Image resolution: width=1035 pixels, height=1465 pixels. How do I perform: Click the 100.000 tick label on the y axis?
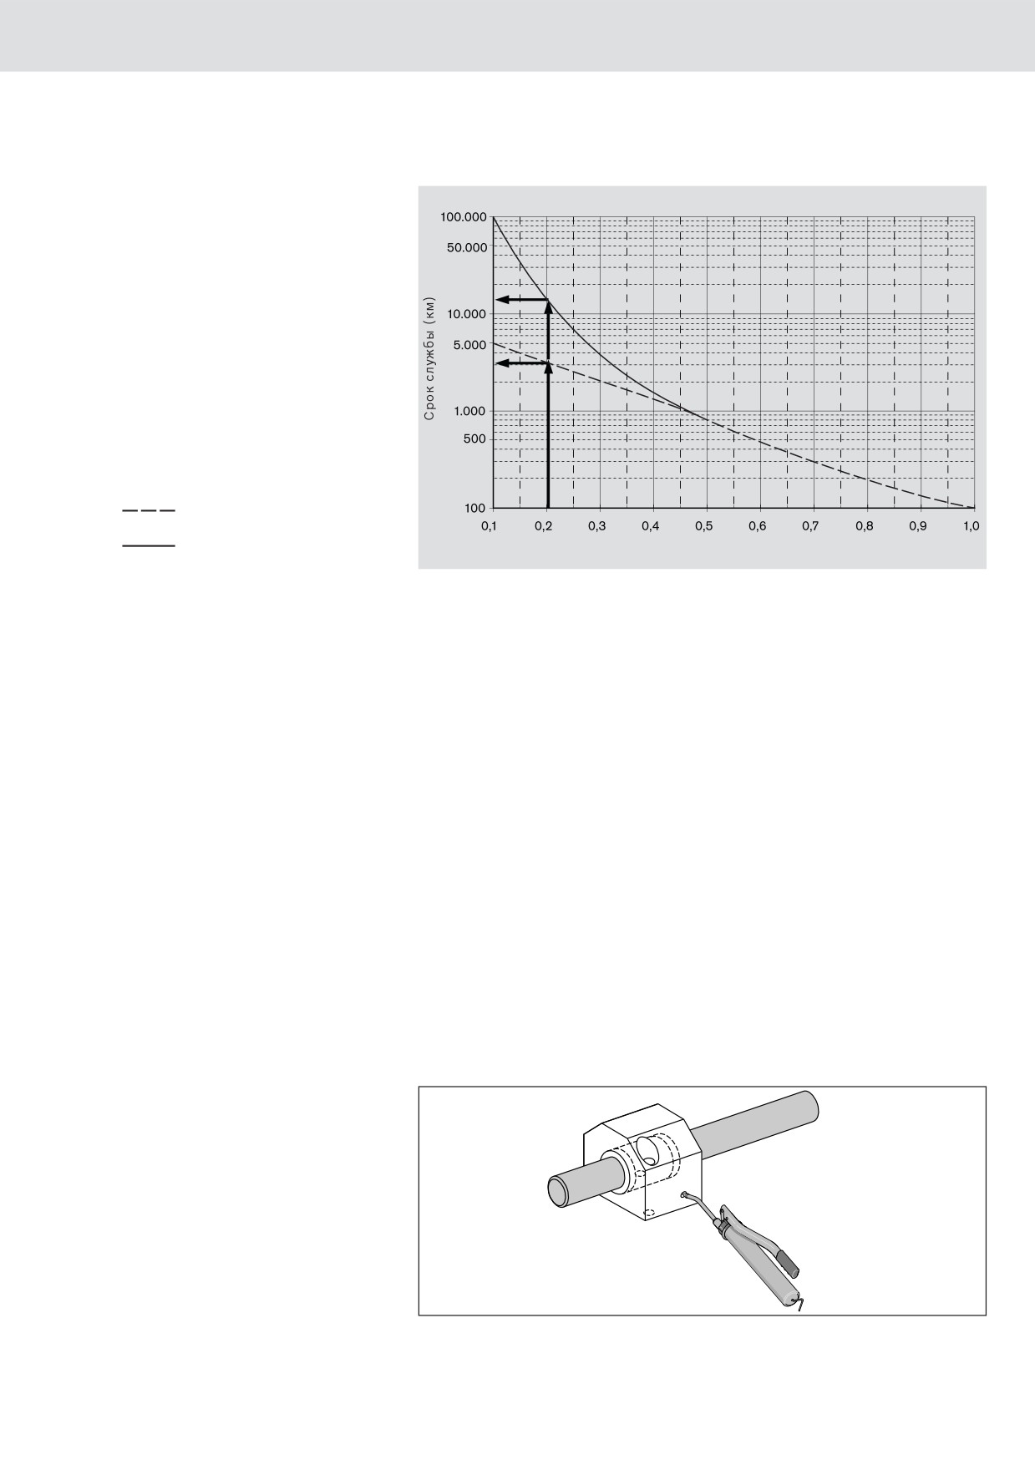click(x=463, y=217)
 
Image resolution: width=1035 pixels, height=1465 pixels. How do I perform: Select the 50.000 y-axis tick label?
click(x=466, y=247)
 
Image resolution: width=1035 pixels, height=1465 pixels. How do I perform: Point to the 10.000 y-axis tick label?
click(x=466, y=314)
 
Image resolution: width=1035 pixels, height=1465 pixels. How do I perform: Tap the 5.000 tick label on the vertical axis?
click(x=469, y=344)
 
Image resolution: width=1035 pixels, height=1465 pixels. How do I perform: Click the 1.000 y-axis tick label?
click(x=469, y=411)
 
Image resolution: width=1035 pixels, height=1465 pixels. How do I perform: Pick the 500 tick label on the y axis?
click(x=475, y=438)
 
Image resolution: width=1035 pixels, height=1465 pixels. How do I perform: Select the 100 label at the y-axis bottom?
click(x=475, y=508)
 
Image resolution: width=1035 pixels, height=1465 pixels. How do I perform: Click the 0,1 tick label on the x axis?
click(x=490, y=527)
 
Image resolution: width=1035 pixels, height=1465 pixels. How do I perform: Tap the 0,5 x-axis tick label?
click(x=703, y=527)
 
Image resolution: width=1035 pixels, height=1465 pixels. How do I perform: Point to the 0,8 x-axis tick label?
click(x=864, y=527)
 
